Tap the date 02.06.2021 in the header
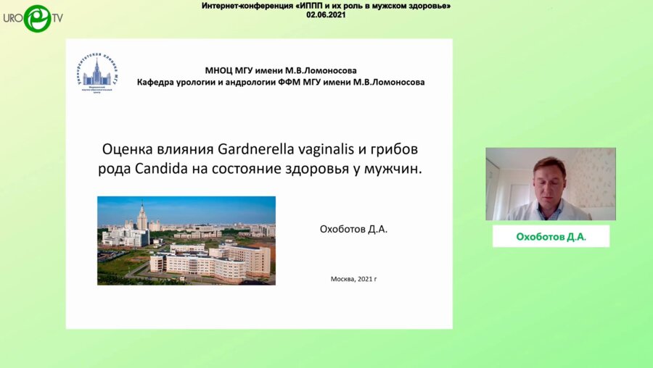pyautogui.click(x=325, y=14)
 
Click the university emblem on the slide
pyautogui.click(x=96, y=75)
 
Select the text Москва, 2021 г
pyautogui.click(x=353, y=279)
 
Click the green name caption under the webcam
pyautogui.click(x=551, y=236)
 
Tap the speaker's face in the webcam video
pyautogui.click(x=549, y=177)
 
